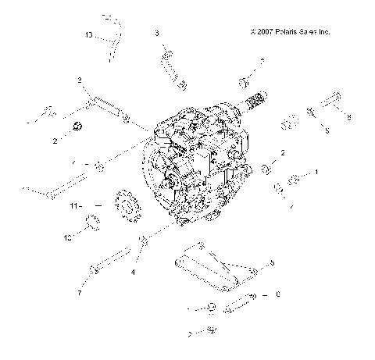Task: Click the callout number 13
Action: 88,35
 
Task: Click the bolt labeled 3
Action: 173,67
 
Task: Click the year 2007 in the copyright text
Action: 262,32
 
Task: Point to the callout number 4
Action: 133,272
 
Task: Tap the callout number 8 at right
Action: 348,116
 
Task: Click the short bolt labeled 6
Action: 241,298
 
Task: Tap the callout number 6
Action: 276,295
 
